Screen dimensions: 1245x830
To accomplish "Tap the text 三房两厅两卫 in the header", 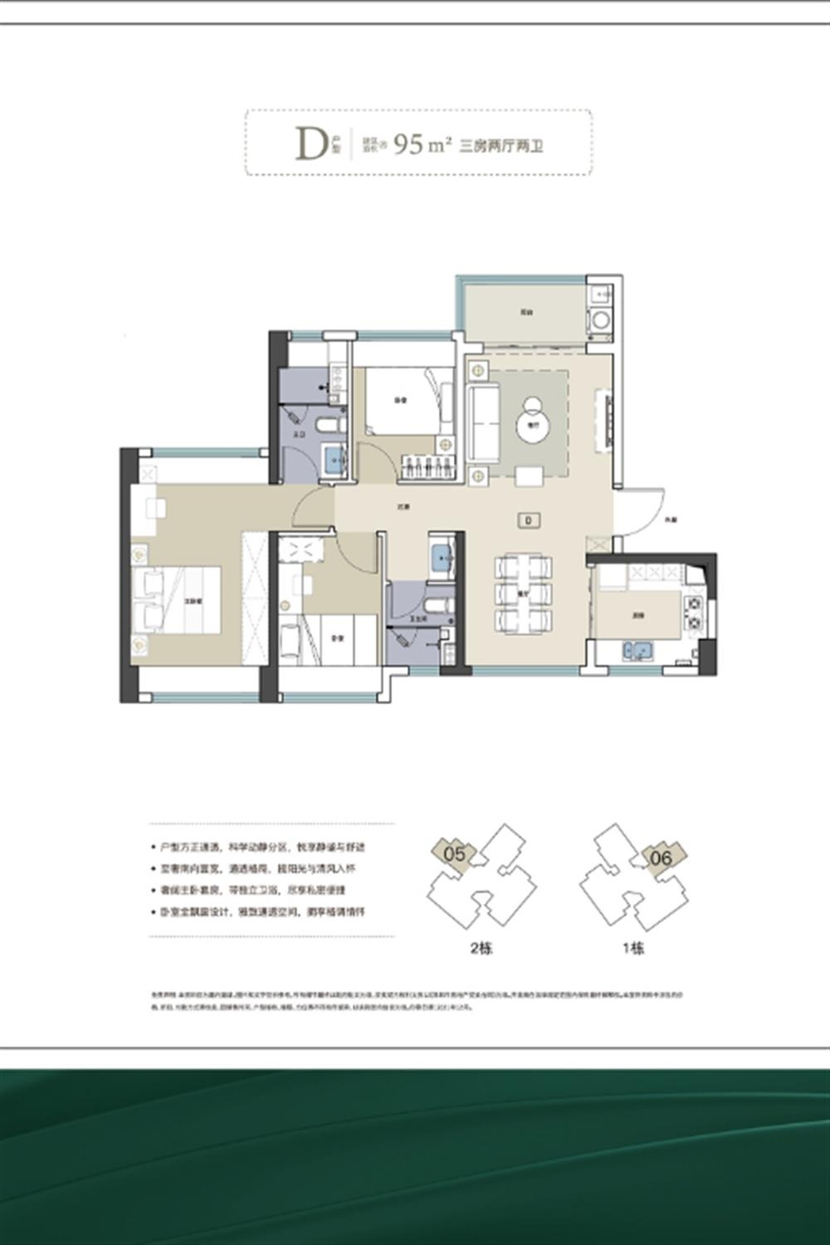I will tap(501, 146).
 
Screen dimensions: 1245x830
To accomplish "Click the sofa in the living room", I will tap(482, 421).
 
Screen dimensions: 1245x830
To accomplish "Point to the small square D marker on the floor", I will tap(528, 520).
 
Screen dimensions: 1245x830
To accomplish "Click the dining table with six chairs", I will tap(524, 593).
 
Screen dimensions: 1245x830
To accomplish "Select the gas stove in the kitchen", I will tap(693, 613).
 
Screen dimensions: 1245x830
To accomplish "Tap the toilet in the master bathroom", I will tap(331, 425).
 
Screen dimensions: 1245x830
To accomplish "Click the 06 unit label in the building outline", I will tap(661, 857).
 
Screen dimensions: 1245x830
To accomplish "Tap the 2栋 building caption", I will tap(481, 948).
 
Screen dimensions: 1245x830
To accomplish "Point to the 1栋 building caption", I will tap(633, 948).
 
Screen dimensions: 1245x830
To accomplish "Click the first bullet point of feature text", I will tap(261, 848).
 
